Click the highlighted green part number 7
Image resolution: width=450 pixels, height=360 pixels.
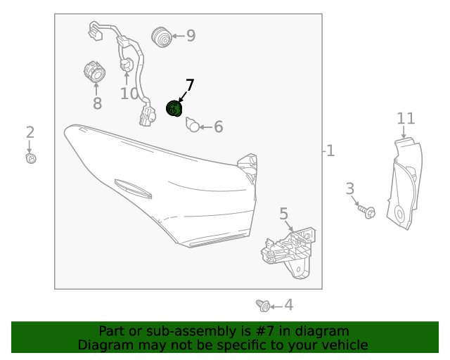coord(174,108)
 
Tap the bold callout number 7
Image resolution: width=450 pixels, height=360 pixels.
coord(190,85)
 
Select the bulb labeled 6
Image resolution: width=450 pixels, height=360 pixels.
coord(193,124)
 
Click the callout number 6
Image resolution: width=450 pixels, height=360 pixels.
coord(219,127)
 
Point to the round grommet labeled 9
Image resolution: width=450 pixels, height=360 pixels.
coord(162,37)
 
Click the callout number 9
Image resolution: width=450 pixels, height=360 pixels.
coord(191,36)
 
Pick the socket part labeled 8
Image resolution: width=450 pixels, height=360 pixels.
coord(95,72)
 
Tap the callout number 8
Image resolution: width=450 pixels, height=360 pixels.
coord(97,103)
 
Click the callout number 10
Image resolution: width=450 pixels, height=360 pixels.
coord(129,94)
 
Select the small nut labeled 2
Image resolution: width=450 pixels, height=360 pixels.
coord(31,158)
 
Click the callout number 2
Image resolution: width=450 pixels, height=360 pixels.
coord(30,132)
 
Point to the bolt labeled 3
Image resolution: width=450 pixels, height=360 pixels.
coord(367,211)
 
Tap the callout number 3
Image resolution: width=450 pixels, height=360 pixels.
coord(350,189)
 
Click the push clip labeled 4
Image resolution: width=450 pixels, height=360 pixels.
coord(263,306)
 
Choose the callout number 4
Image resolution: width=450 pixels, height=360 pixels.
coord(289,305)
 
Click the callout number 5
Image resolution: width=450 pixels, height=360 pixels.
coord(283,214)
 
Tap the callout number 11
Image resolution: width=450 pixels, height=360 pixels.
coord(406,118)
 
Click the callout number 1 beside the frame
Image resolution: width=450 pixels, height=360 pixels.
coord(330,151)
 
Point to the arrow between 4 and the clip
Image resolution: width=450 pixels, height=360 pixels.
coord(276,307)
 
